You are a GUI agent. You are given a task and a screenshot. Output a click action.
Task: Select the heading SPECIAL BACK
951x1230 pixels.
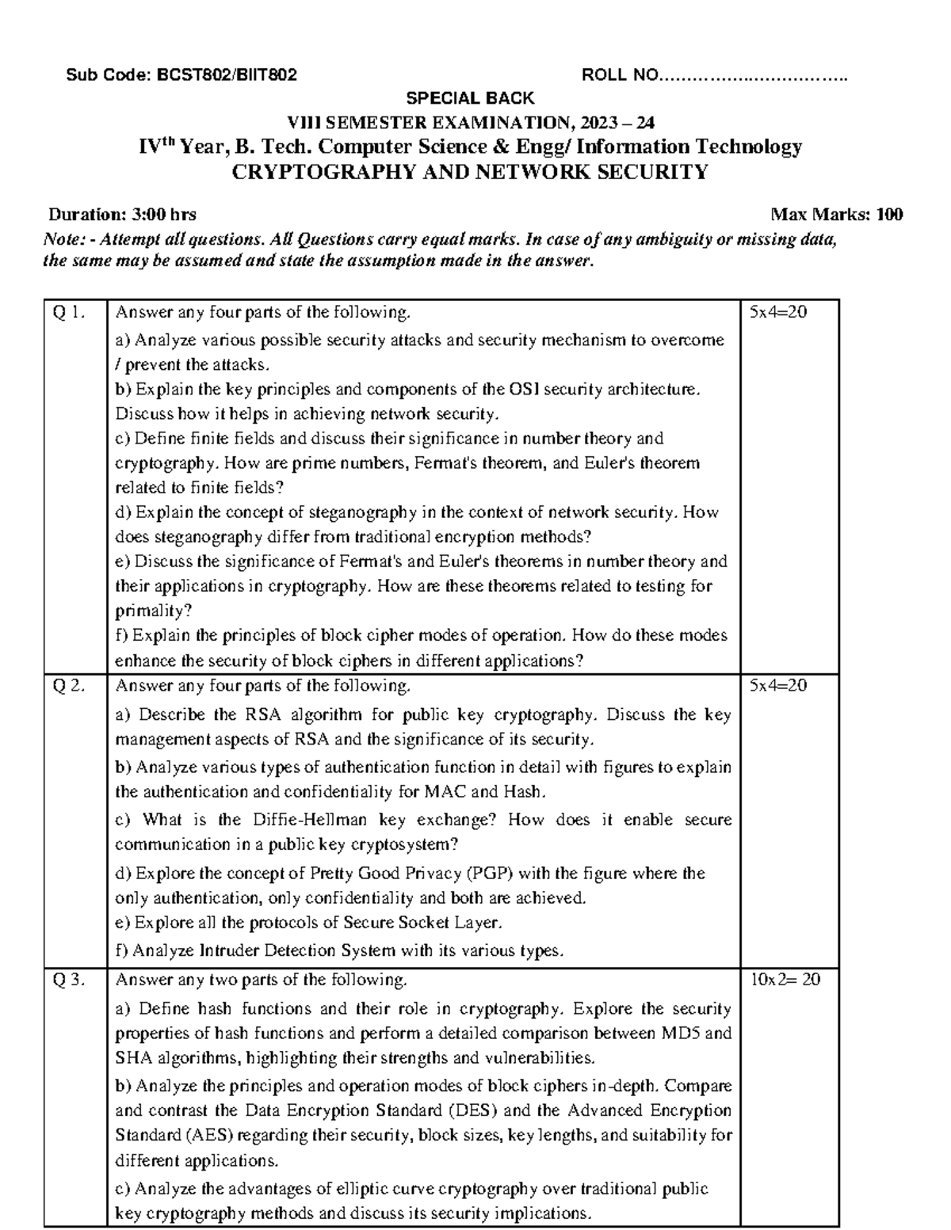(x=470, y=98)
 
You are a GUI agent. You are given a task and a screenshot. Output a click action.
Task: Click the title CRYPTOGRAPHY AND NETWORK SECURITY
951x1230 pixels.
(x=468, y=172)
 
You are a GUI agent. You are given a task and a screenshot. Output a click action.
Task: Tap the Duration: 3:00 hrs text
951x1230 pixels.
(x=123, y=214)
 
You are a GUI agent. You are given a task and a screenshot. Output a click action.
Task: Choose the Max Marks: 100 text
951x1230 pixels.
(x=837, y=214)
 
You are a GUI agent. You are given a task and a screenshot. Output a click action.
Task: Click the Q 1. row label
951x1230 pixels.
(x=68, y=312)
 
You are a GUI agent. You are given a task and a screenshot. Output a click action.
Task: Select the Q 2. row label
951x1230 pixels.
(x=68, y=685)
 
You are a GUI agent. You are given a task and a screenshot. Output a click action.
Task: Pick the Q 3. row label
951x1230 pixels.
(x=68, y=980)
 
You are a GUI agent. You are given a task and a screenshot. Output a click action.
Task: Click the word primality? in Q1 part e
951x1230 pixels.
(x=154, y=611)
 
